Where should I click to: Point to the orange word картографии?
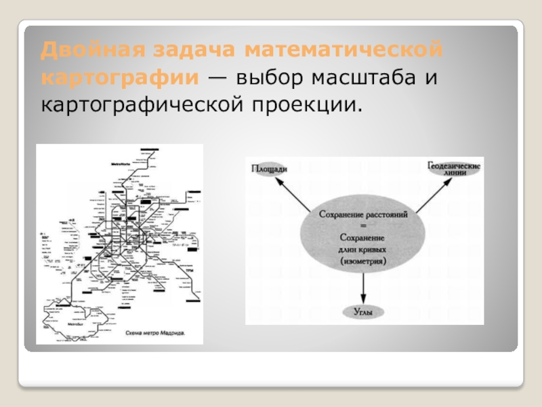[x=119, y=77]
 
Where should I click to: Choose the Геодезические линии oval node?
[x=454, y=168]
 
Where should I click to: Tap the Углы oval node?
[x=364, y=312]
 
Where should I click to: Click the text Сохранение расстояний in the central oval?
[x=362, y=214]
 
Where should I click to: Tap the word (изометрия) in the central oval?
[x=363, y=260]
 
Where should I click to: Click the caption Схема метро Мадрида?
[x=155, y=334]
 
